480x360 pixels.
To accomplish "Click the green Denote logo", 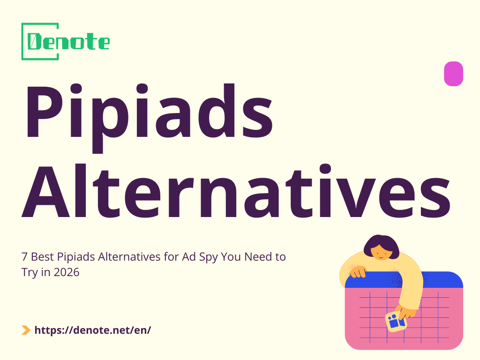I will [66, 41].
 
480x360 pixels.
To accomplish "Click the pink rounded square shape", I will [453, 74].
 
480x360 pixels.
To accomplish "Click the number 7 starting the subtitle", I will [24, 257].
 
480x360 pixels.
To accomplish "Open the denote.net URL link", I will [93, 330].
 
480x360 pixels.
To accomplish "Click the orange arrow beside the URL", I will [26, 330].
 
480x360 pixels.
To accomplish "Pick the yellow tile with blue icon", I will [396, 322].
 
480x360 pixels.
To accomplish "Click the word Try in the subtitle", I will [30, 272].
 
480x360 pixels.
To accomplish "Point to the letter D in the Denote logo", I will [34, 42].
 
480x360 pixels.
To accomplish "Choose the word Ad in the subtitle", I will [183, 257].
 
